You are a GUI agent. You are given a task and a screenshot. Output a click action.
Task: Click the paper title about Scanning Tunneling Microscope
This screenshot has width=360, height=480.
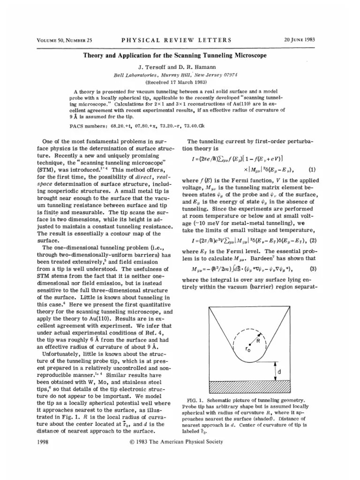[x=175, y=55]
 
